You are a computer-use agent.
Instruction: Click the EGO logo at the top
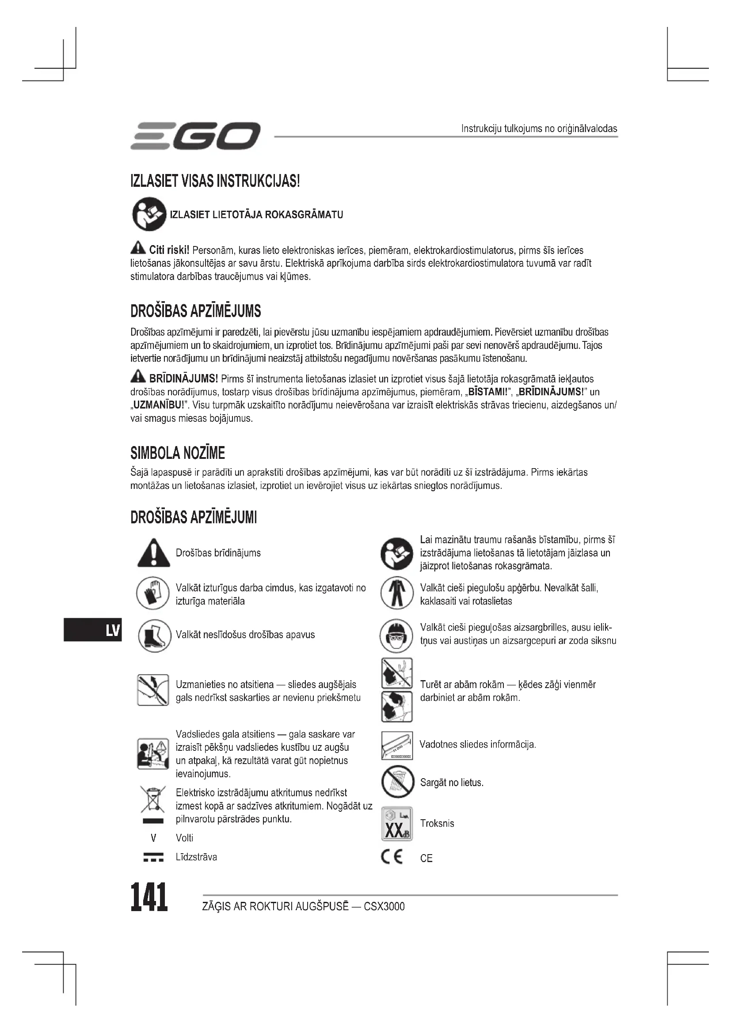(195, 136)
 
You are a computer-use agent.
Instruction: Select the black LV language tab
(93, 630)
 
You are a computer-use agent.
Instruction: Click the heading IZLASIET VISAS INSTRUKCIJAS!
(215, 182)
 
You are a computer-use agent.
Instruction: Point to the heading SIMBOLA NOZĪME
(177, 453)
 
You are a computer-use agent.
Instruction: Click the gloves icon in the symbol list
(152, 594)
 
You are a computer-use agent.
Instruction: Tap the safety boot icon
(153, 635)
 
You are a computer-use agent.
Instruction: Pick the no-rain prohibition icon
(396, 783)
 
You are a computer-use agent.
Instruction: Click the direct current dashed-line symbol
(153, 858)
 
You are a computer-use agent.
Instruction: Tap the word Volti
(185, 838)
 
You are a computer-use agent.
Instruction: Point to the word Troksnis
(437, 823)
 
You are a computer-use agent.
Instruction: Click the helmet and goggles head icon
(396, 635)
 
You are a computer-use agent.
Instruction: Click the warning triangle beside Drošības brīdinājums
(153, 553)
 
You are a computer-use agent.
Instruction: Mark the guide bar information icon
(396, 745)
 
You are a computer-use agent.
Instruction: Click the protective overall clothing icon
(396, 594)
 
